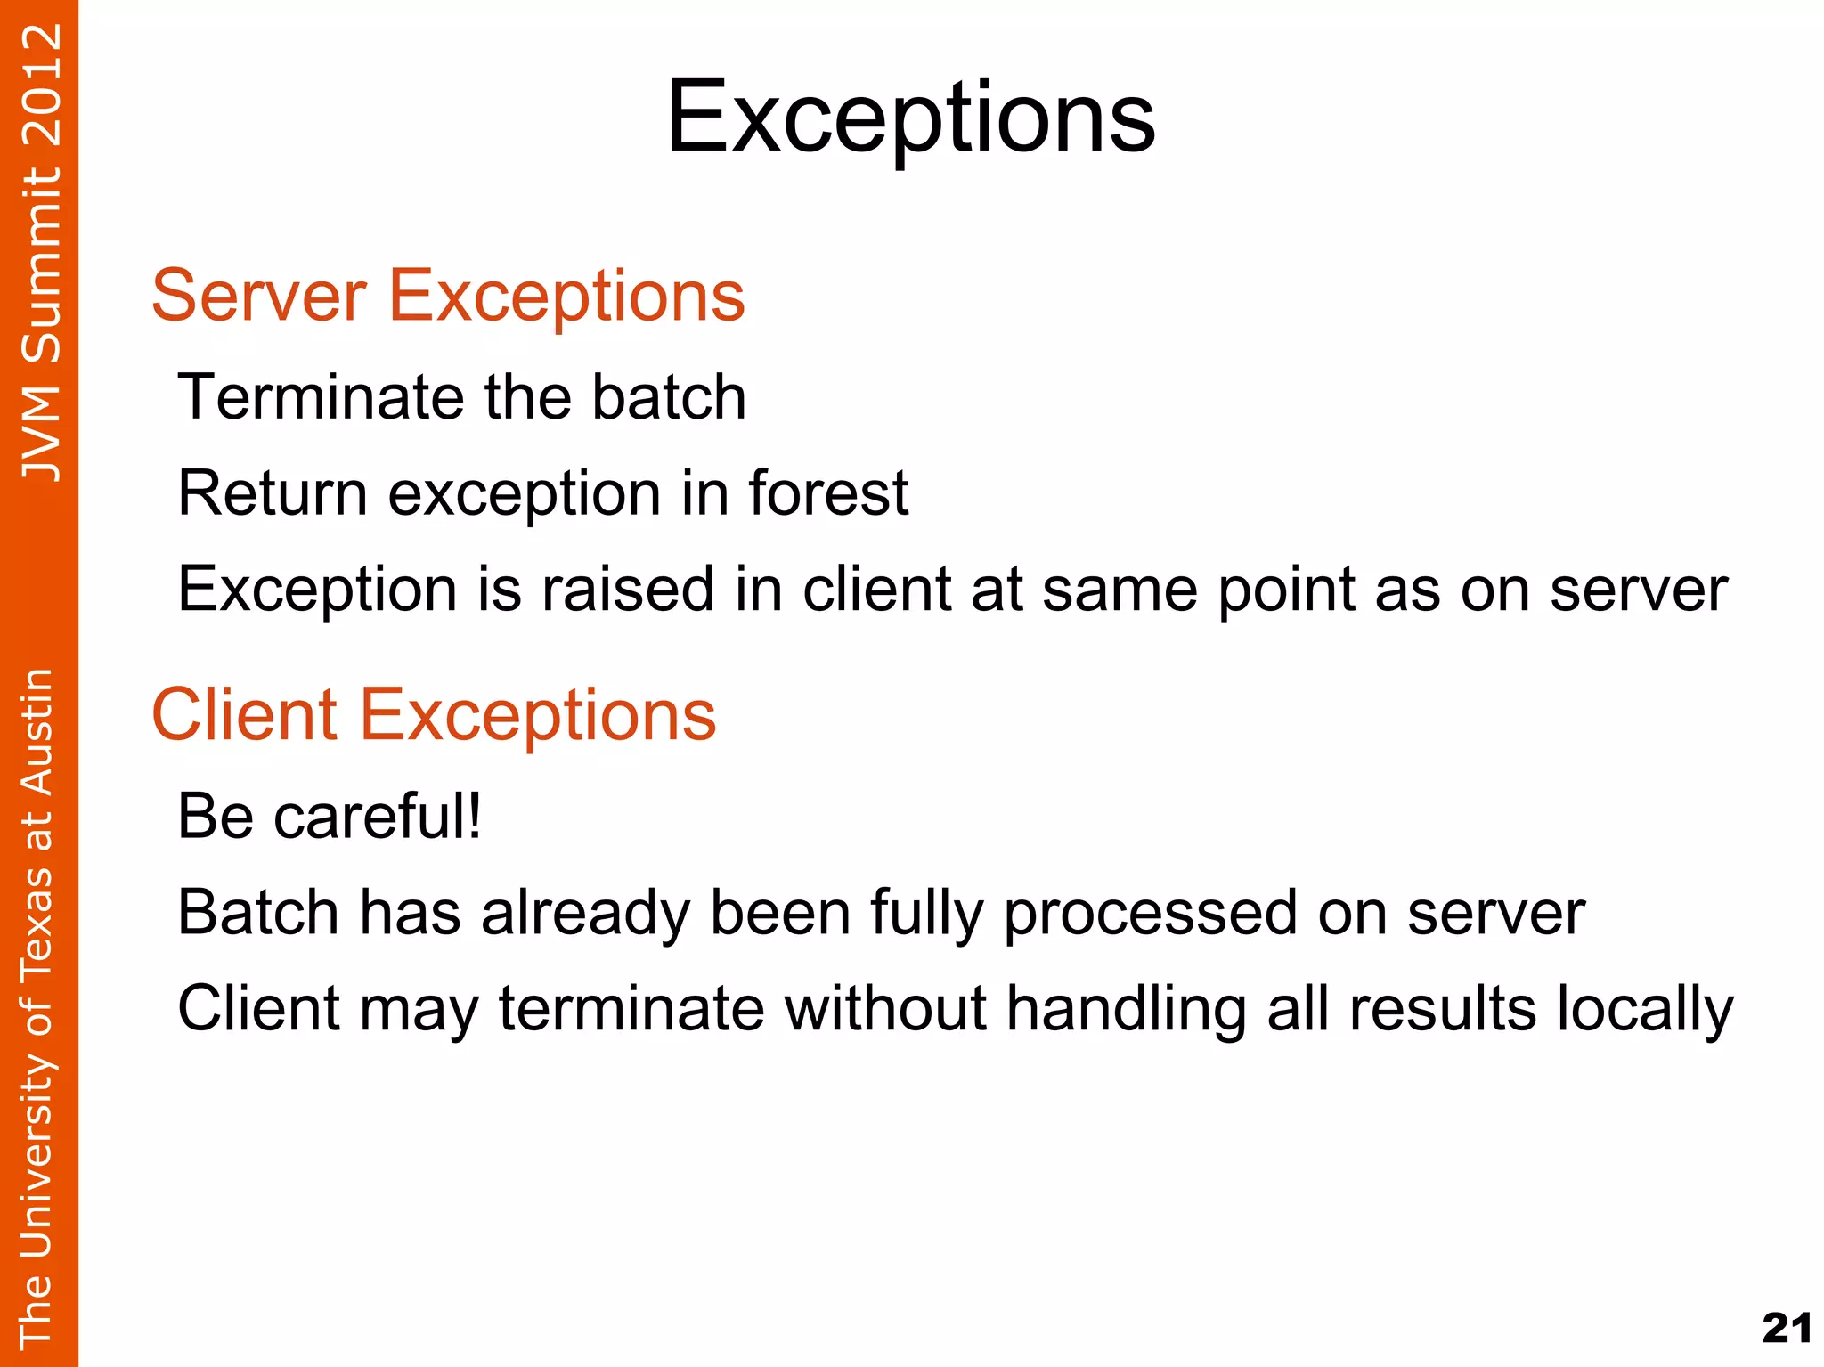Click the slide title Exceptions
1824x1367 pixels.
click(910, 118)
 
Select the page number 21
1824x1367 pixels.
click(1786, 1328)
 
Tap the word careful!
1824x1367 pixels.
click(378, 816)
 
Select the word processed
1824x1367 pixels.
click(1150, 914)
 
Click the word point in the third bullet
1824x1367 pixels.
click(1285, 590)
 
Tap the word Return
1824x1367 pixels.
click(273, 492)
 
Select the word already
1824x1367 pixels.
click(585, 914)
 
